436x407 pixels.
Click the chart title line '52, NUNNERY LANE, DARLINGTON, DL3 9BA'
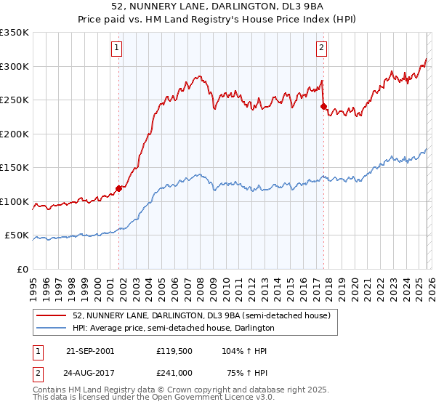click(217, 7)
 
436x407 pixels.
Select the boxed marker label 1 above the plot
click(117, 49)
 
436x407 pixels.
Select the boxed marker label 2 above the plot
click(321, 49)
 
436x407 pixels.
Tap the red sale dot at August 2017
click(323, 106)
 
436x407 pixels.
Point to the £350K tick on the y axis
click(15, 33)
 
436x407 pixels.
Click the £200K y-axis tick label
click(15, 134)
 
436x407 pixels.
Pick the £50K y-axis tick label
click(17, 235)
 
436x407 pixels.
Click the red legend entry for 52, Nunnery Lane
click(201, 315)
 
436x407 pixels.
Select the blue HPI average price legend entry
click(173, 328)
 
